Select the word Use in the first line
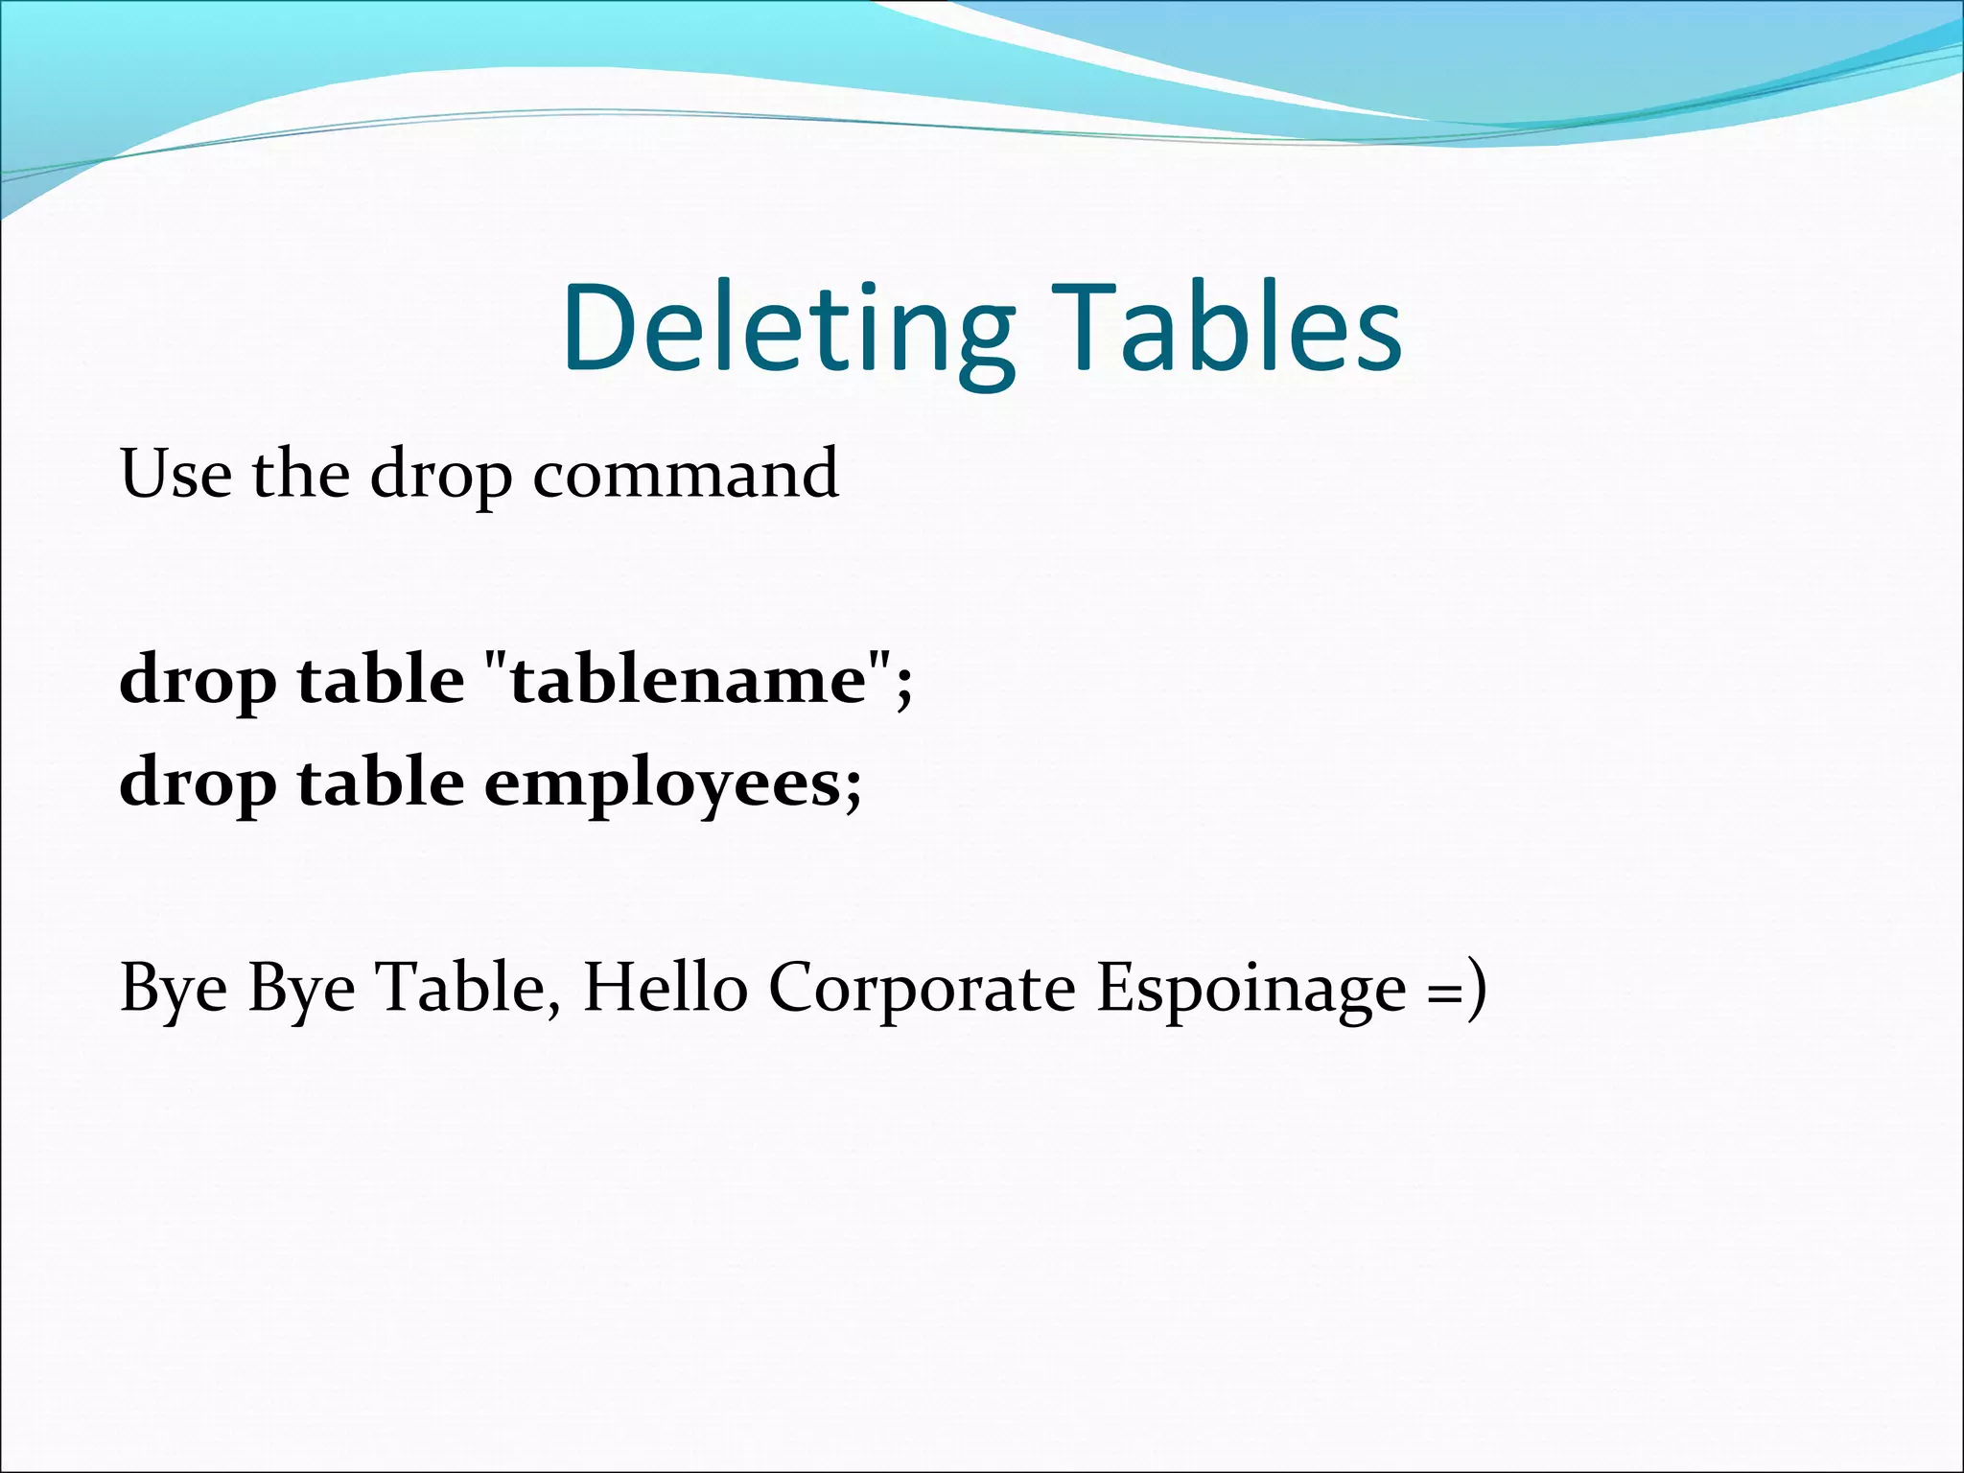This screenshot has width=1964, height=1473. pos(175,474)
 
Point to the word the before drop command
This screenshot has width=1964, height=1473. pos(300,474)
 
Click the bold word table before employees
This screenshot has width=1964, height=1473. pos(381,783)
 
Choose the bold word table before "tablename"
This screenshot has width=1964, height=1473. pos(381,680)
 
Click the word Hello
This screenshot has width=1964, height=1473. pos(665,987)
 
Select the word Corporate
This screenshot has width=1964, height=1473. pos(922,989)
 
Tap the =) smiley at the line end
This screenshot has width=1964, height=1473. pos(1457,989)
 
